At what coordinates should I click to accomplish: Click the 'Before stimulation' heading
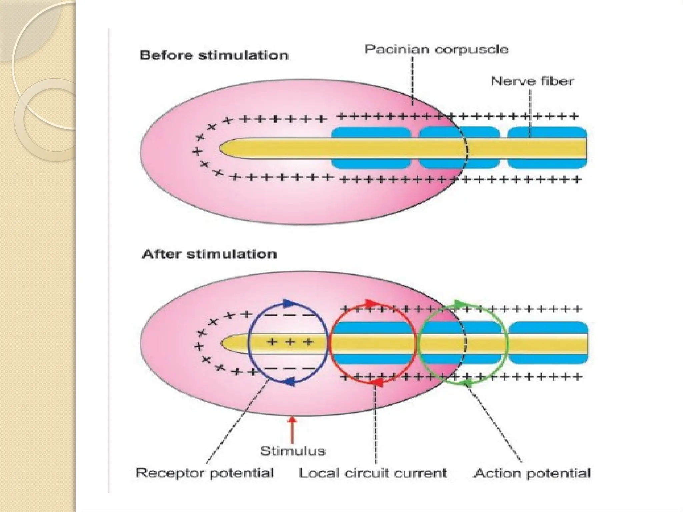[214, 55]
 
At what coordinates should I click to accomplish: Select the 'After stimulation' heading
[209, 255]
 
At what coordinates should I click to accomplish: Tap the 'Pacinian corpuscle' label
[436, 49]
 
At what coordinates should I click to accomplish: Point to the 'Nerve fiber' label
[533, 81]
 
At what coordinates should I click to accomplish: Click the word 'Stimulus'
[293, 451]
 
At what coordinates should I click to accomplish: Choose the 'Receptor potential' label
[204, 473]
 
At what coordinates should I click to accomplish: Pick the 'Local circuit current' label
[373, 473]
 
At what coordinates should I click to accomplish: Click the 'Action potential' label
[532, 473]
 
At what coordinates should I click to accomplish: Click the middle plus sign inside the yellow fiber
[290, 342]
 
